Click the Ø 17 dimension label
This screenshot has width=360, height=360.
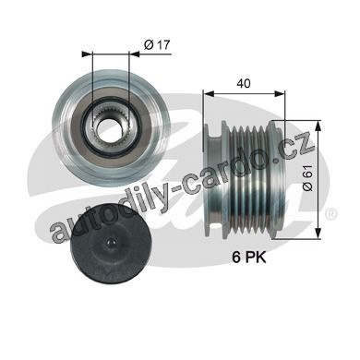157,45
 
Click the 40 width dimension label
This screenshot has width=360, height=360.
244,83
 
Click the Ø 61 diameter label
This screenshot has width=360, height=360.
308,177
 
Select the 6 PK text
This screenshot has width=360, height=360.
249,258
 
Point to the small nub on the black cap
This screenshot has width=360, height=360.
111,244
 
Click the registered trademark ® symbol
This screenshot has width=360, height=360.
331,214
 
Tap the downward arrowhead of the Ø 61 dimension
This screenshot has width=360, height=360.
318,233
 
